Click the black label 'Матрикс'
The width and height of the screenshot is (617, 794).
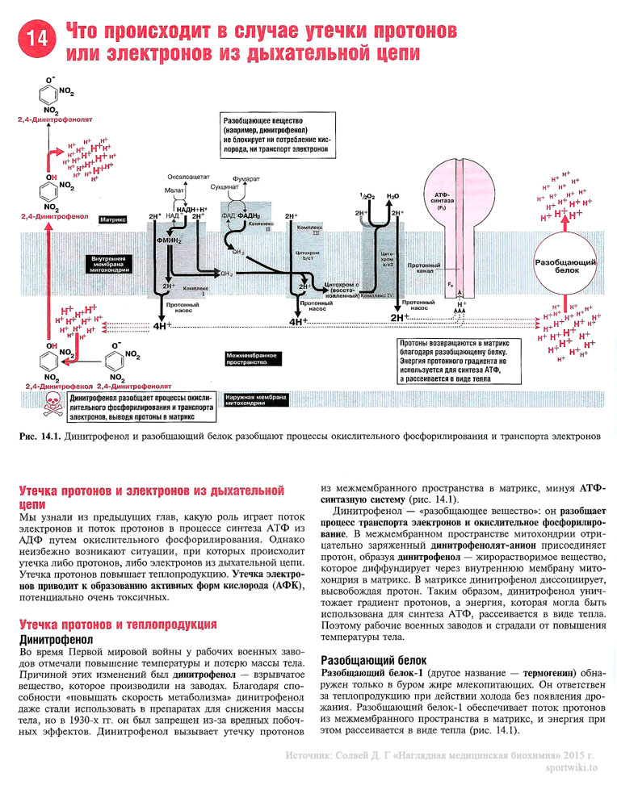[x=111, y=219]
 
